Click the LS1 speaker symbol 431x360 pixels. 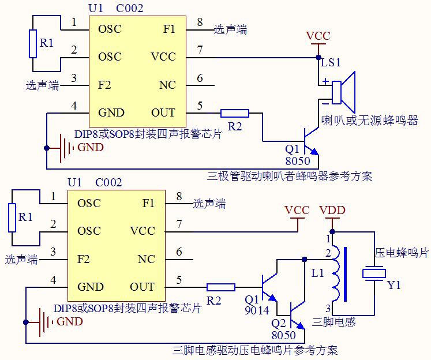point(343,92)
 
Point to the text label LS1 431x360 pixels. point(331,62)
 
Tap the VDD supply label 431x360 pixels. point(332,211)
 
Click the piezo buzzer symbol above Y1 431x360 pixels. point(374,273)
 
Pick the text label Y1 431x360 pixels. point(394,285)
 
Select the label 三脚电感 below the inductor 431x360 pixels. point(333,321)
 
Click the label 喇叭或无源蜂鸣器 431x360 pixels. point(370,121)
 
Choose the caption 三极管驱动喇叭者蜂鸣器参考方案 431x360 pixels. point(290,176)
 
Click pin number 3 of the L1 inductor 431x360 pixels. point(328,307)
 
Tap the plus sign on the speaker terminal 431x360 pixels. point(326,81)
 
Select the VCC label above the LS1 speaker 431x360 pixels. point(318,36)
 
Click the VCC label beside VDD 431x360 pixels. point(297,211)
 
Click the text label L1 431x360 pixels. point(317,273)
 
